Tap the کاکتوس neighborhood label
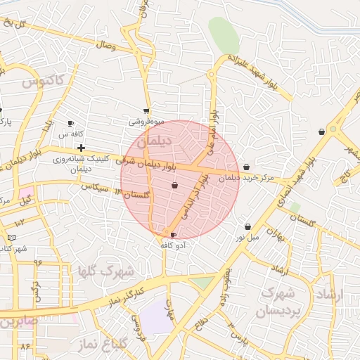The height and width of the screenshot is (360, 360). coord(43,82)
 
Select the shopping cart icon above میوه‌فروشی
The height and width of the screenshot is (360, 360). coord(146,110)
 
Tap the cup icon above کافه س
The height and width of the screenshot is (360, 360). coord(70,123)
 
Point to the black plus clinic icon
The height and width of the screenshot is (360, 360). coord(82,148)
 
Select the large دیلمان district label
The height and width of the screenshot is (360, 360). coord(154,143)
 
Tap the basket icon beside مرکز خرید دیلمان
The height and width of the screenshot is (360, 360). coord(246,167)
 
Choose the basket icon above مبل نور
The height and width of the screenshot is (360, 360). coord(248,226)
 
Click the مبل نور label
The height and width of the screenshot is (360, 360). coord(247,237)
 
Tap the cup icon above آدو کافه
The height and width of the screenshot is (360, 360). coord(174,234)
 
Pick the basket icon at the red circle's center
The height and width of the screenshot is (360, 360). coord(174,186)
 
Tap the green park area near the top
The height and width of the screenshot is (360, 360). coord(224,33)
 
